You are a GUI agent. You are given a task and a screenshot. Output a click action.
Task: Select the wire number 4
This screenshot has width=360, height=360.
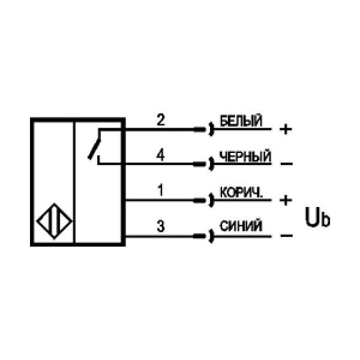(160, 155)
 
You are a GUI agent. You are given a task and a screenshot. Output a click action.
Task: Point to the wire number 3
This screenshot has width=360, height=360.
(160, 226)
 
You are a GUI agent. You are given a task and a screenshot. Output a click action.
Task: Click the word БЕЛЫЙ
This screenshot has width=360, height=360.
(241, 121)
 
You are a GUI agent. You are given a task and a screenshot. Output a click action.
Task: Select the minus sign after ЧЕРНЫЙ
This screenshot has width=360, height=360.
(286, 164)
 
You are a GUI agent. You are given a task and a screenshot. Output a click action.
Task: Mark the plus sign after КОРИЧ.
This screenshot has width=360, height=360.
(286, 199)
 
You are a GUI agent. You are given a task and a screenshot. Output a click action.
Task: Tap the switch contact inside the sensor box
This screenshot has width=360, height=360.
(95, 146)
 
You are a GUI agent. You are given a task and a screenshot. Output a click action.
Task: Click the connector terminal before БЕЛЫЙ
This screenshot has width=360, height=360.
(211, 129)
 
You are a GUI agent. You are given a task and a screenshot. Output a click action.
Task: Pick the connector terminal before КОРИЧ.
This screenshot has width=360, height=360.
(211, 200)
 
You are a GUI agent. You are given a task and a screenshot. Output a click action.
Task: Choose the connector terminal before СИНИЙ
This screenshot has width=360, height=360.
(211, 235)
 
